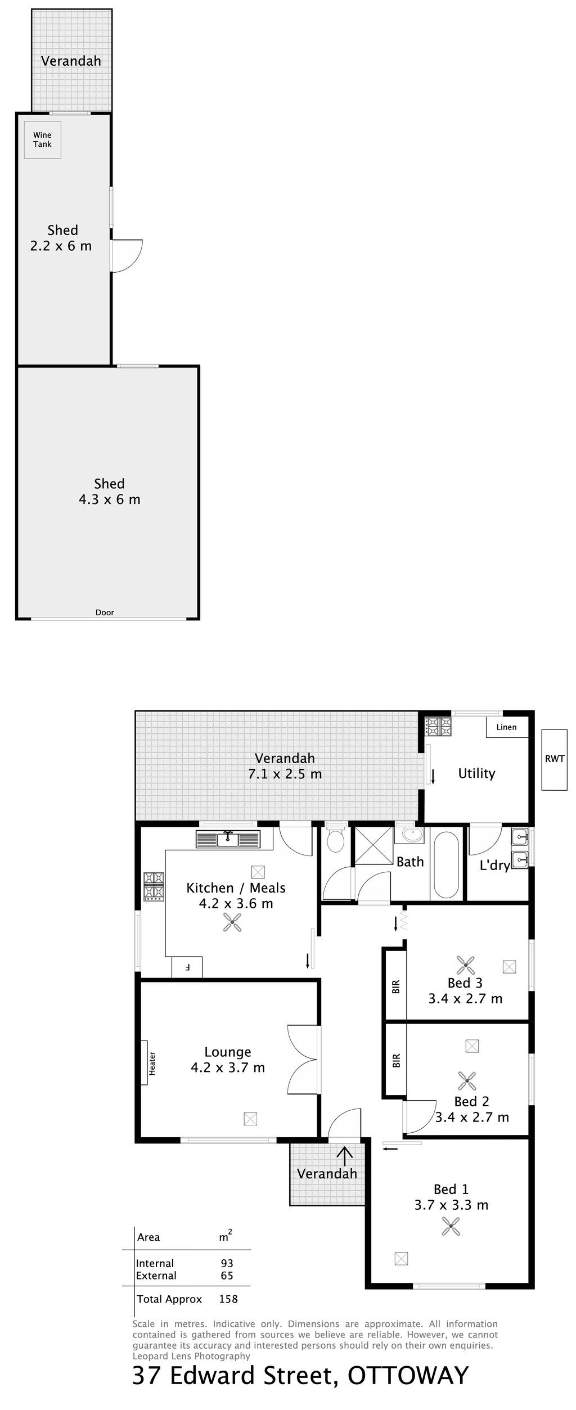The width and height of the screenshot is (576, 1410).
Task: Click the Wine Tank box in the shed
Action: click(42, 139)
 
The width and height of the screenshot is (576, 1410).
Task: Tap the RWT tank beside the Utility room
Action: click(554, 759)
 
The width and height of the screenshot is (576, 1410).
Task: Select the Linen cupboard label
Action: click(506, 727)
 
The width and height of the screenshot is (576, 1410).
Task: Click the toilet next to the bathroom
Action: click(336, 840)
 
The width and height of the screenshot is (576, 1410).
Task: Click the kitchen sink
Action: click(228, 839)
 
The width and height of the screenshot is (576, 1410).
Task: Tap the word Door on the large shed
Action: click(105, 612)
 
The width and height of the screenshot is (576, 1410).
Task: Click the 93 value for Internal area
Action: click(227, 1279)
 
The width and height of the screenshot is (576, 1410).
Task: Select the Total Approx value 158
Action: click(228, 1315)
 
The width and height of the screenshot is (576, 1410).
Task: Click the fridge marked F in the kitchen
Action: click(187, 967)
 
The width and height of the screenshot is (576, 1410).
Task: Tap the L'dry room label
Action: click(494, 866)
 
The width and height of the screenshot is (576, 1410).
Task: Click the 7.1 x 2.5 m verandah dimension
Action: click(285, 774)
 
